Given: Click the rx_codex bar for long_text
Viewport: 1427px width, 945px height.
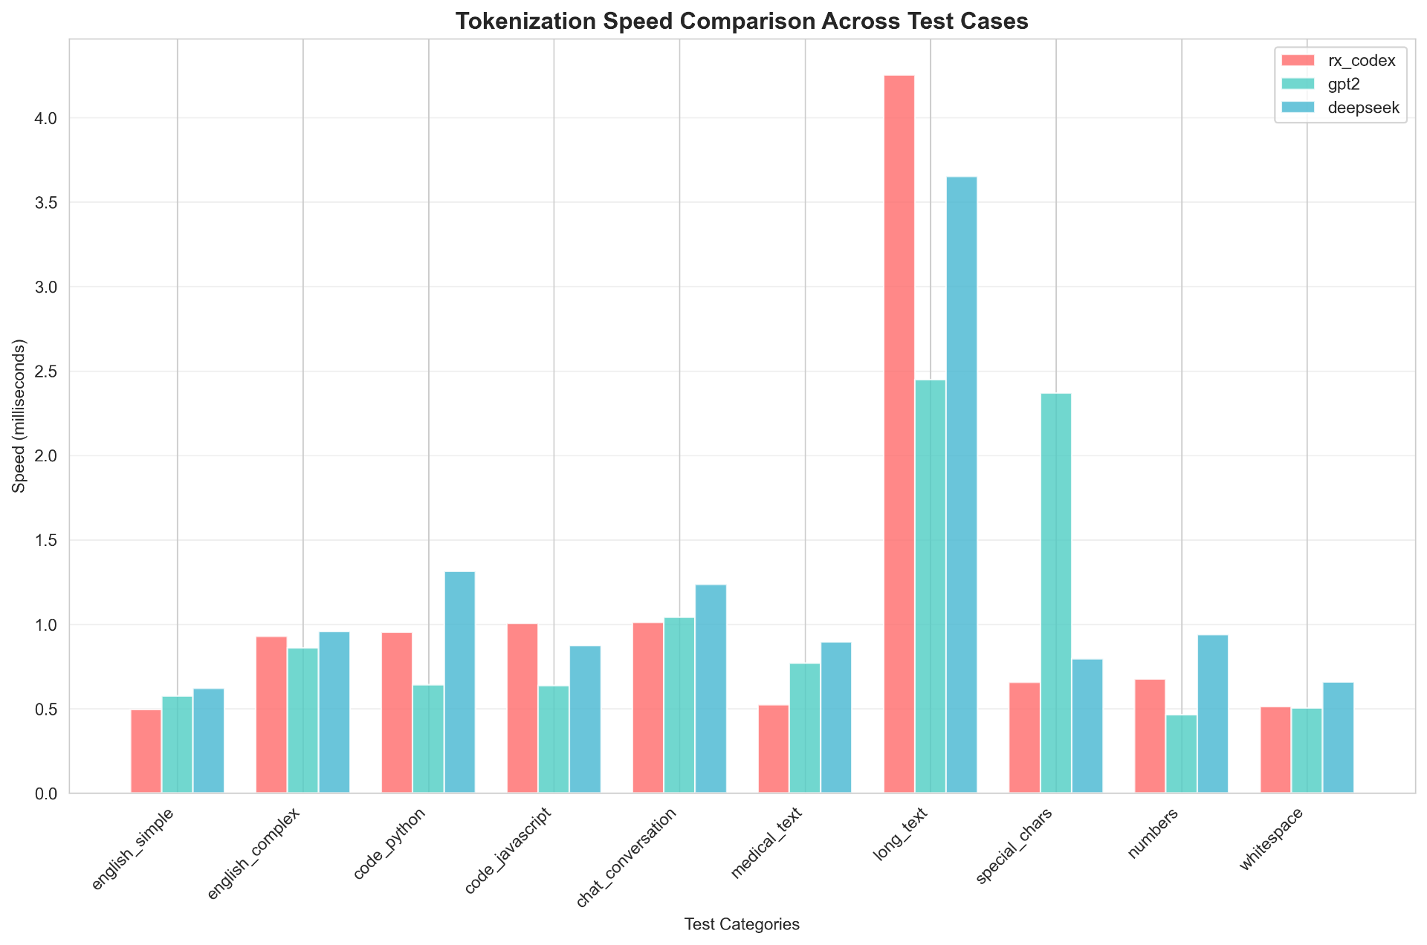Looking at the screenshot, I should pos(899,435).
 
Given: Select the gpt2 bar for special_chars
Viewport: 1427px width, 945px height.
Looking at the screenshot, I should pos(1056,594).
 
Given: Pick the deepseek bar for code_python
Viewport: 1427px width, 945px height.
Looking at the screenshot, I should pos(459,683).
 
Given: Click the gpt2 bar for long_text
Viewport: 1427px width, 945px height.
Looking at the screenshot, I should pos(931,587).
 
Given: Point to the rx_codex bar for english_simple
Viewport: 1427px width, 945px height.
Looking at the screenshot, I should pos(146,752).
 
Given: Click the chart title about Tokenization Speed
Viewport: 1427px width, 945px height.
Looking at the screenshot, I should pos(742,21).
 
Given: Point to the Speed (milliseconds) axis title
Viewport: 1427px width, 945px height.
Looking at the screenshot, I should pos(19,416).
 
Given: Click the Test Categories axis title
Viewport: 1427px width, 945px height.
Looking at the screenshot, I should pos(742,925).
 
